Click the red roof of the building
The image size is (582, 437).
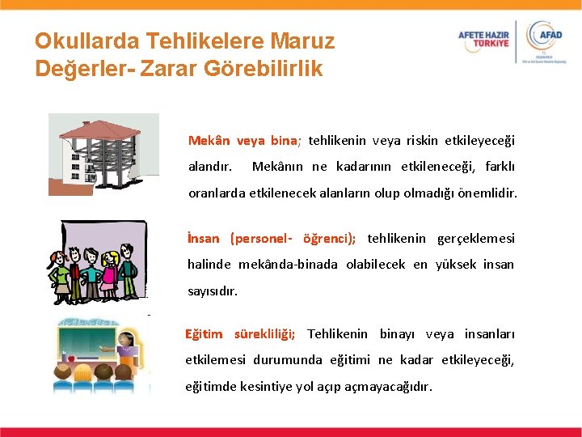99,129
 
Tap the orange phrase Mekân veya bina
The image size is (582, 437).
244,140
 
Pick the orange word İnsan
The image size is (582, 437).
203,238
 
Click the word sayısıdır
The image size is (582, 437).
213,291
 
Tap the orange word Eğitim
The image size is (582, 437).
203,333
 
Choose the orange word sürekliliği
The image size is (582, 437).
264,333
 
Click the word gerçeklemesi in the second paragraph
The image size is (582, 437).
475,238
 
